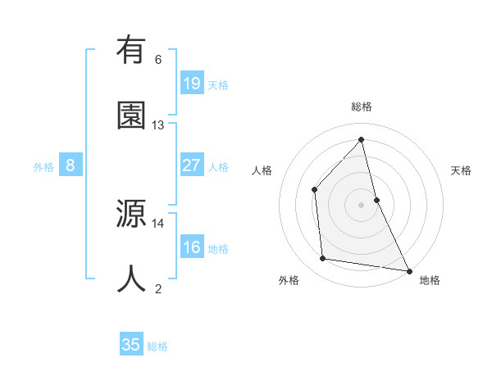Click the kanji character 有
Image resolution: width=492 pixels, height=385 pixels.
[x=131, y=52]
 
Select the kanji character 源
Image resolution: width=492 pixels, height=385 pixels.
[x=131, y=215]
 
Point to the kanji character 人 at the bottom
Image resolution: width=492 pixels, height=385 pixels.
[x=131, y=279]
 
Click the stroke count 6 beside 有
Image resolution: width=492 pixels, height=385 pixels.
[x=158, y=59]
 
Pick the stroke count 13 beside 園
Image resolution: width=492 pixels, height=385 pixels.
[x=158, y=125]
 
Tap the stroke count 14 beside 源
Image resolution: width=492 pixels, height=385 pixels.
[x=158, y=223]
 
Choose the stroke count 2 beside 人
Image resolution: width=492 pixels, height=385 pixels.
[x=158, y=288]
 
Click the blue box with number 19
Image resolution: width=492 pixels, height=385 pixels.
[x=191, y=83]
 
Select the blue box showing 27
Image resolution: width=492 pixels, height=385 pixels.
[x=191, y=165]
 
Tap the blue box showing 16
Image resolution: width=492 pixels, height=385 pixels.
[x=191, y=247]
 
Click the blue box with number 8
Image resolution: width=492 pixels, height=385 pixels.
[x=71, y=165]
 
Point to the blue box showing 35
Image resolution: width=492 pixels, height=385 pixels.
[x=131, y=345]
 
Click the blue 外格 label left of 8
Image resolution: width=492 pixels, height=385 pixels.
[x=43, y=166]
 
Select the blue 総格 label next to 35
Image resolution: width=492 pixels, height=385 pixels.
[x=157, y=346]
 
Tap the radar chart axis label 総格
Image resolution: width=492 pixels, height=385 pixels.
[x=361, y=106]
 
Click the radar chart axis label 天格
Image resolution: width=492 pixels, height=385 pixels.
[x=462, y=170]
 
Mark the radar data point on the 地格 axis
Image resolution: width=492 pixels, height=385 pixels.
[x=408, y=269]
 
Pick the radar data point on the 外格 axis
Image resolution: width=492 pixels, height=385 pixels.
[x=323, y=259]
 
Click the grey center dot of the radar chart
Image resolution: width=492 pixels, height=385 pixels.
[x=361, y=204]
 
